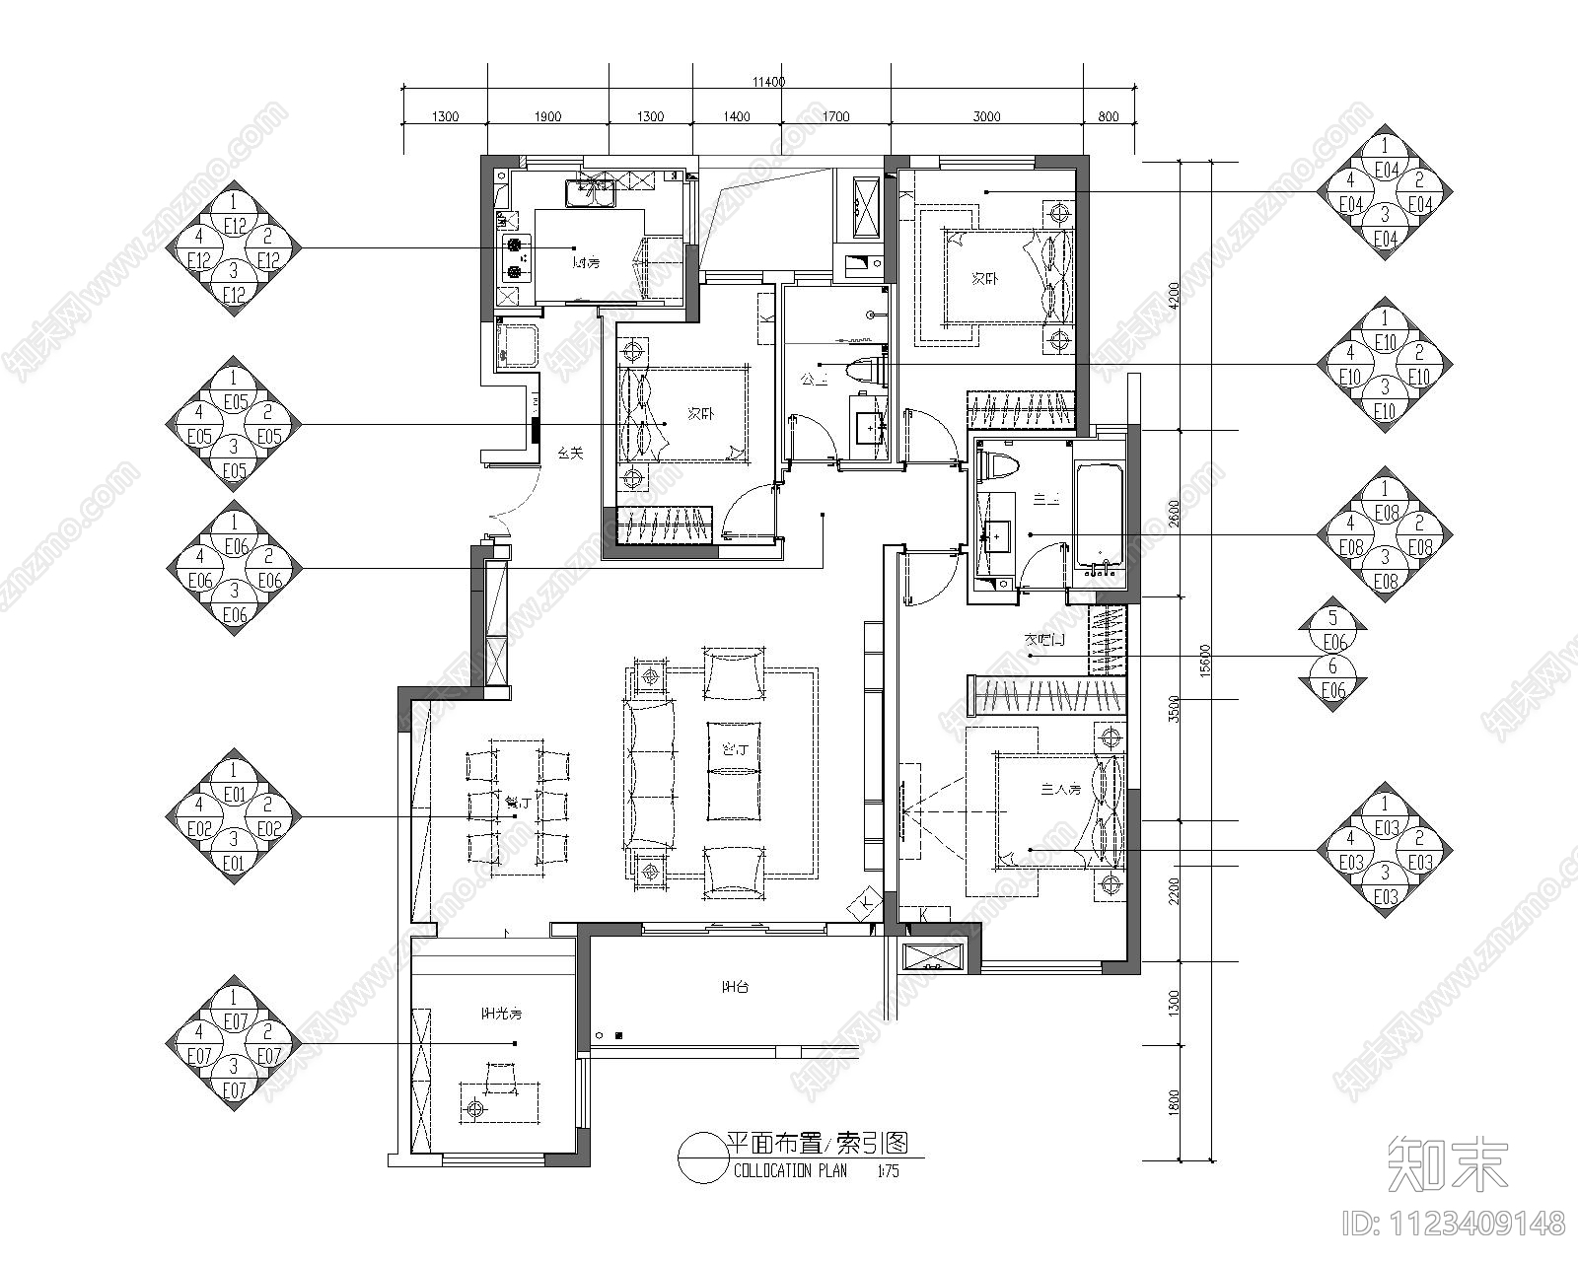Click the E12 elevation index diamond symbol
[234, 247]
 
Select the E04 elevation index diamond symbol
[1385, 191]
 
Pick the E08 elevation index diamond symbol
[1385, 534]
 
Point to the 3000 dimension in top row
[986, 117]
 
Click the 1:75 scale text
[888, 1172]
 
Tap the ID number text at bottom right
[1454, 1224]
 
